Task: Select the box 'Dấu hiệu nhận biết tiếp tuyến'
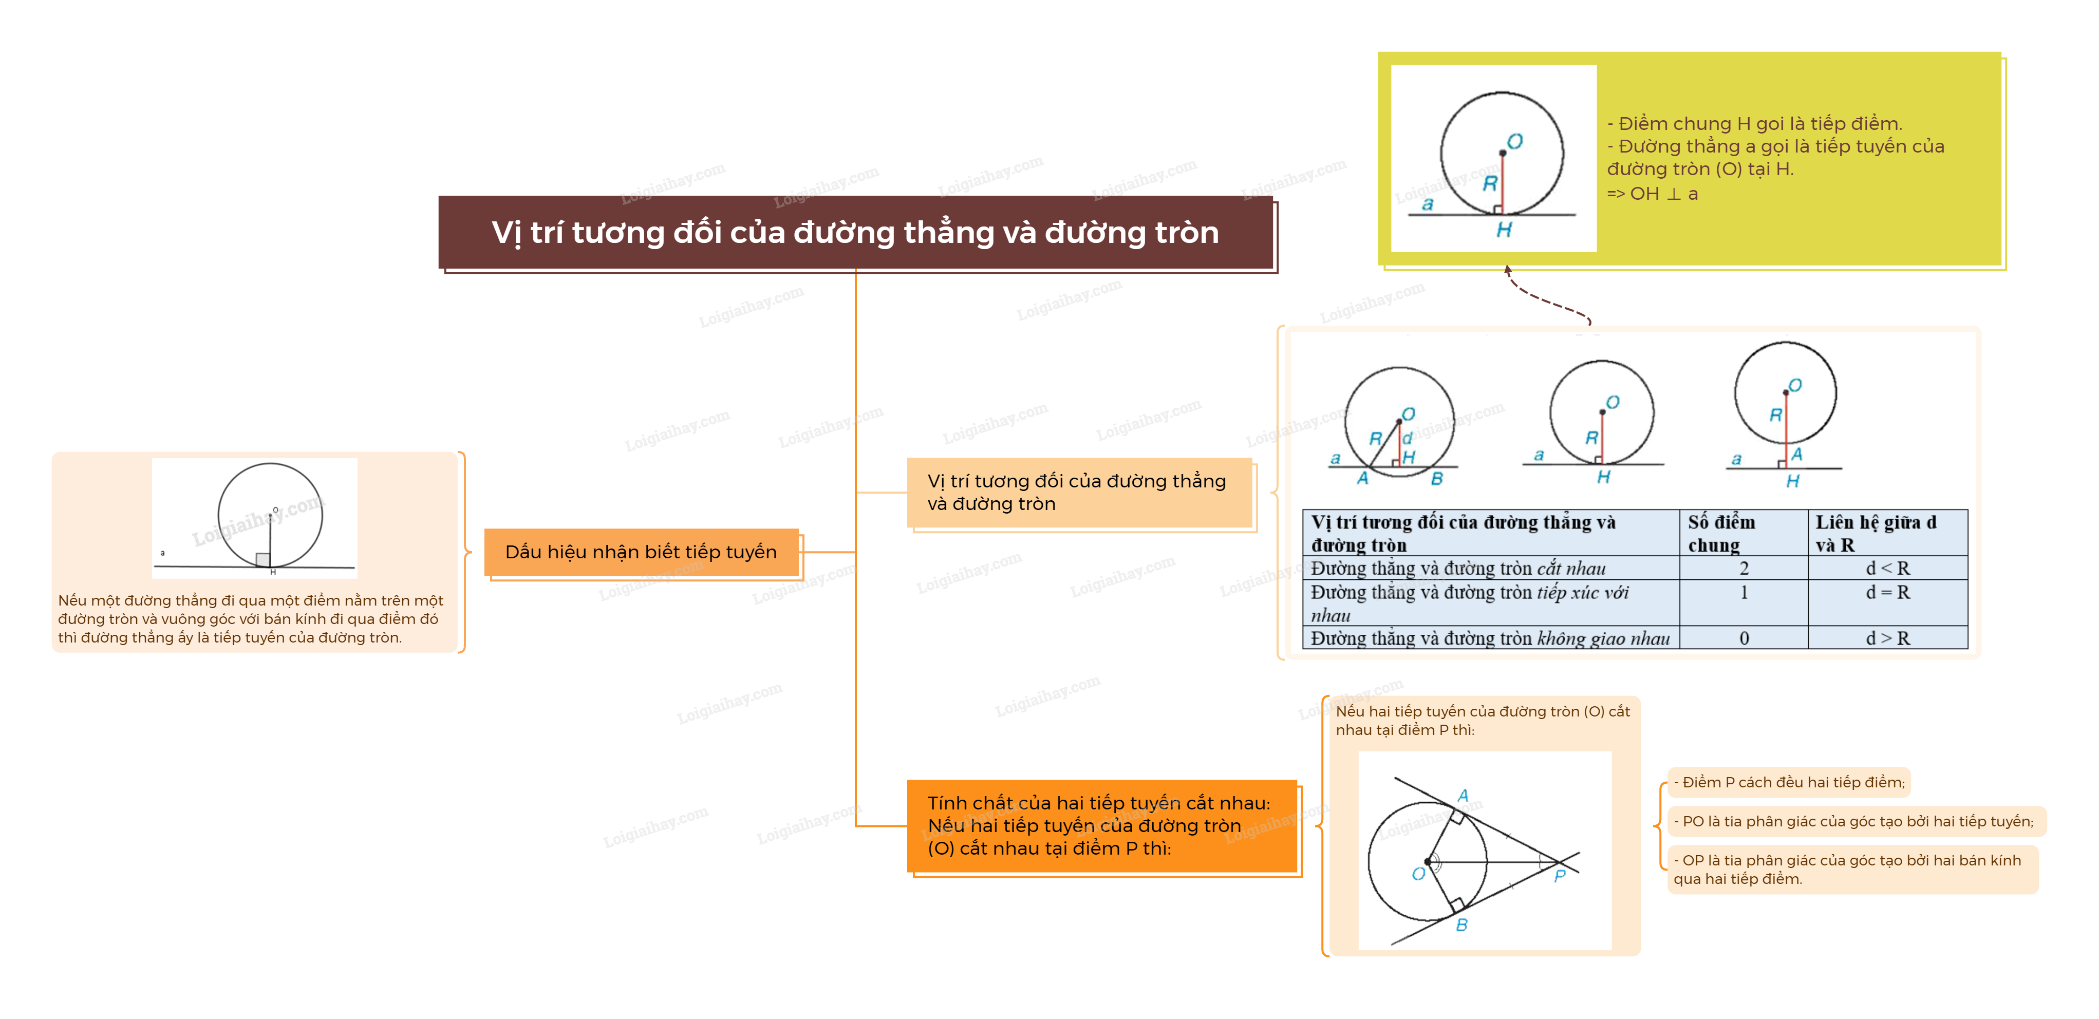click(x=641, y=552)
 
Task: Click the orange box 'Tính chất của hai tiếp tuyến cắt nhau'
click(x=1102, y=826)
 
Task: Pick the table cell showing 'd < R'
click(x=1887, y=568)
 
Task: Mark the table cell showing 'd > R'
click(x=1887, y=638)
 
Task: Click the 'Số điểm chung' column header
click(x=1743, y=534)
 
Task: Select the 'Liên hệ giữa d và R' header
click(x=1887, y=534)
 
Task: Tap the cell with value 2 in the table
click(x=1744, y=568)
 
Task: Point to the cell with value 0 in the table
click(x=1744, y=638)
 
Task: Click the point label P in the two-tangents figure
click(x=1560, y=876)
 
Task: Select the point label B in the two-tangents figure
click(x=1462, y=924)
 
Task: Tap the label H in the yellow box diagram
click(x=1504, y=231)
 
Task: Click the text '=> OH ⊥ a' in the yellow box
click(x=1653, y=194)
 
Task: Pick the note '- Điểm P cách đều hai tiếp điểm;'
click(x=1789, y=782)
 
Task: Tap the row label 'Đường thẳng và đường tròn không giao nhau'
click(x=1490, y=638)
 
